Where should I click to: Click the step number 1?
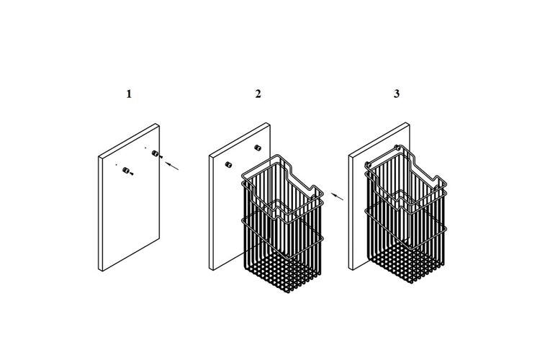129,94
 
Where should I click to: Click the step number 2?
258,94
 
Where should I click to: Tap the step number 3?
397,94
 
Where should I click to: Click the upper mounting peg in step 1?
155,153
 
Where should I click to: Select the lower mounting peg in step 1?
126,170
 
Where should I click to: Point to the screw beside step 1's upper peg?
161,157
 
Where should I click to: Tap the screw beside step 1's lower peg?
132,174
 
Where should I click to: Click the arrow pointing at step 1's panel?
172,166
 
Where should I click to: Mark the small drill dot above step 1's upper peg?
145,148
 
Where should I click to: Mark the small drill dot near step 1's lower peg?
116,165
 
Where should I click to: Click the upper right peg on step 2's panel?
257,148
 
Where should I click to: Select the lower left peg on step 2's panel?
228,164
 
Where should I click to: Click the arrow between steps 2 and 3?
338,197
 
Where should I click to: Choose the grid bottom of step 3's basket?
406,262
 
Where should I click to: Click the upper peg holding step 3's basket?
397,148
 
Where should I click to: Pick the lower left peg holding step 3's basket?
367,164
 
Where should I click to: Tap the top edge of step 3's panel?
379,140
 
